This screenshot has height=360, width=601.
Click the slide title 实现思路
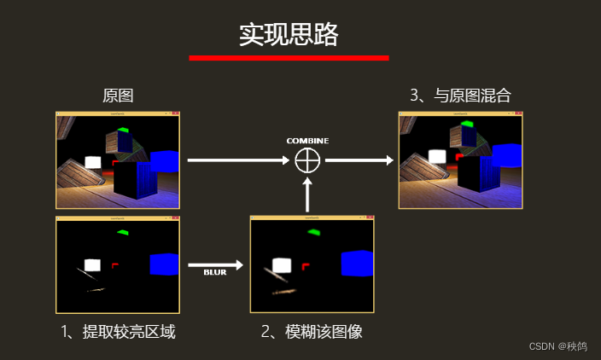[x=289, y=34]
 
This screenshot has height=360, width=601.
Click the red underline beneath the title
[x=289, y=58]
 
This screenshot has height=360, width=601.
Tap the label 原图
[x=118, y=96]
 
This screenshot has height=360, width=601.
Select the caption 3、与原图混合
[x=460, y=96]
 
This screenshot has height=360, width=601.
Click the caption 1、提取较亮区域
[x=119, y=332]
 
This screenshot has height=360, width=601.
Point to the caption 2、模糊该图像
[x=312, y=332]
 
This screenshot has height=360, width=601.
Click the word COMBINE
[x=307, y=140]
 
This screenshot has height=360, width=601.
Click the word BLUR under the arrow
[x=214, y=273]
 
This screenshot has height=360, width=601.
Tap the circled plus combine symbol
[x=306, y=160]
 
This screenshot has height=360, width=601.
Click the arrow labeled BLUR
[x=214, y=265]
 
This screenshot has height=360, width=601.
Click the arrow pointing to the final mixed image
[x=358, y=160]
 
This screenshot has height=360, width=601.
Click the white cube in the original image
[x=92, y=162]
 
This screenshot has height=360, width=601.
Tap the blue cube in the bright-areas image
[x=164, y=264]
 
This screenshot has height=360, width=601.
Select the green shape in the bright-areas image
[x=123, y=232]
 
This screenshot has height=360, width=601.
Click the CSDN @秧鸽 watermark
[x=557, y=346]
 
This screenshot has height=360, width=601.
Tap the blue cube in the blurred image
[x=357, y=264]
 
